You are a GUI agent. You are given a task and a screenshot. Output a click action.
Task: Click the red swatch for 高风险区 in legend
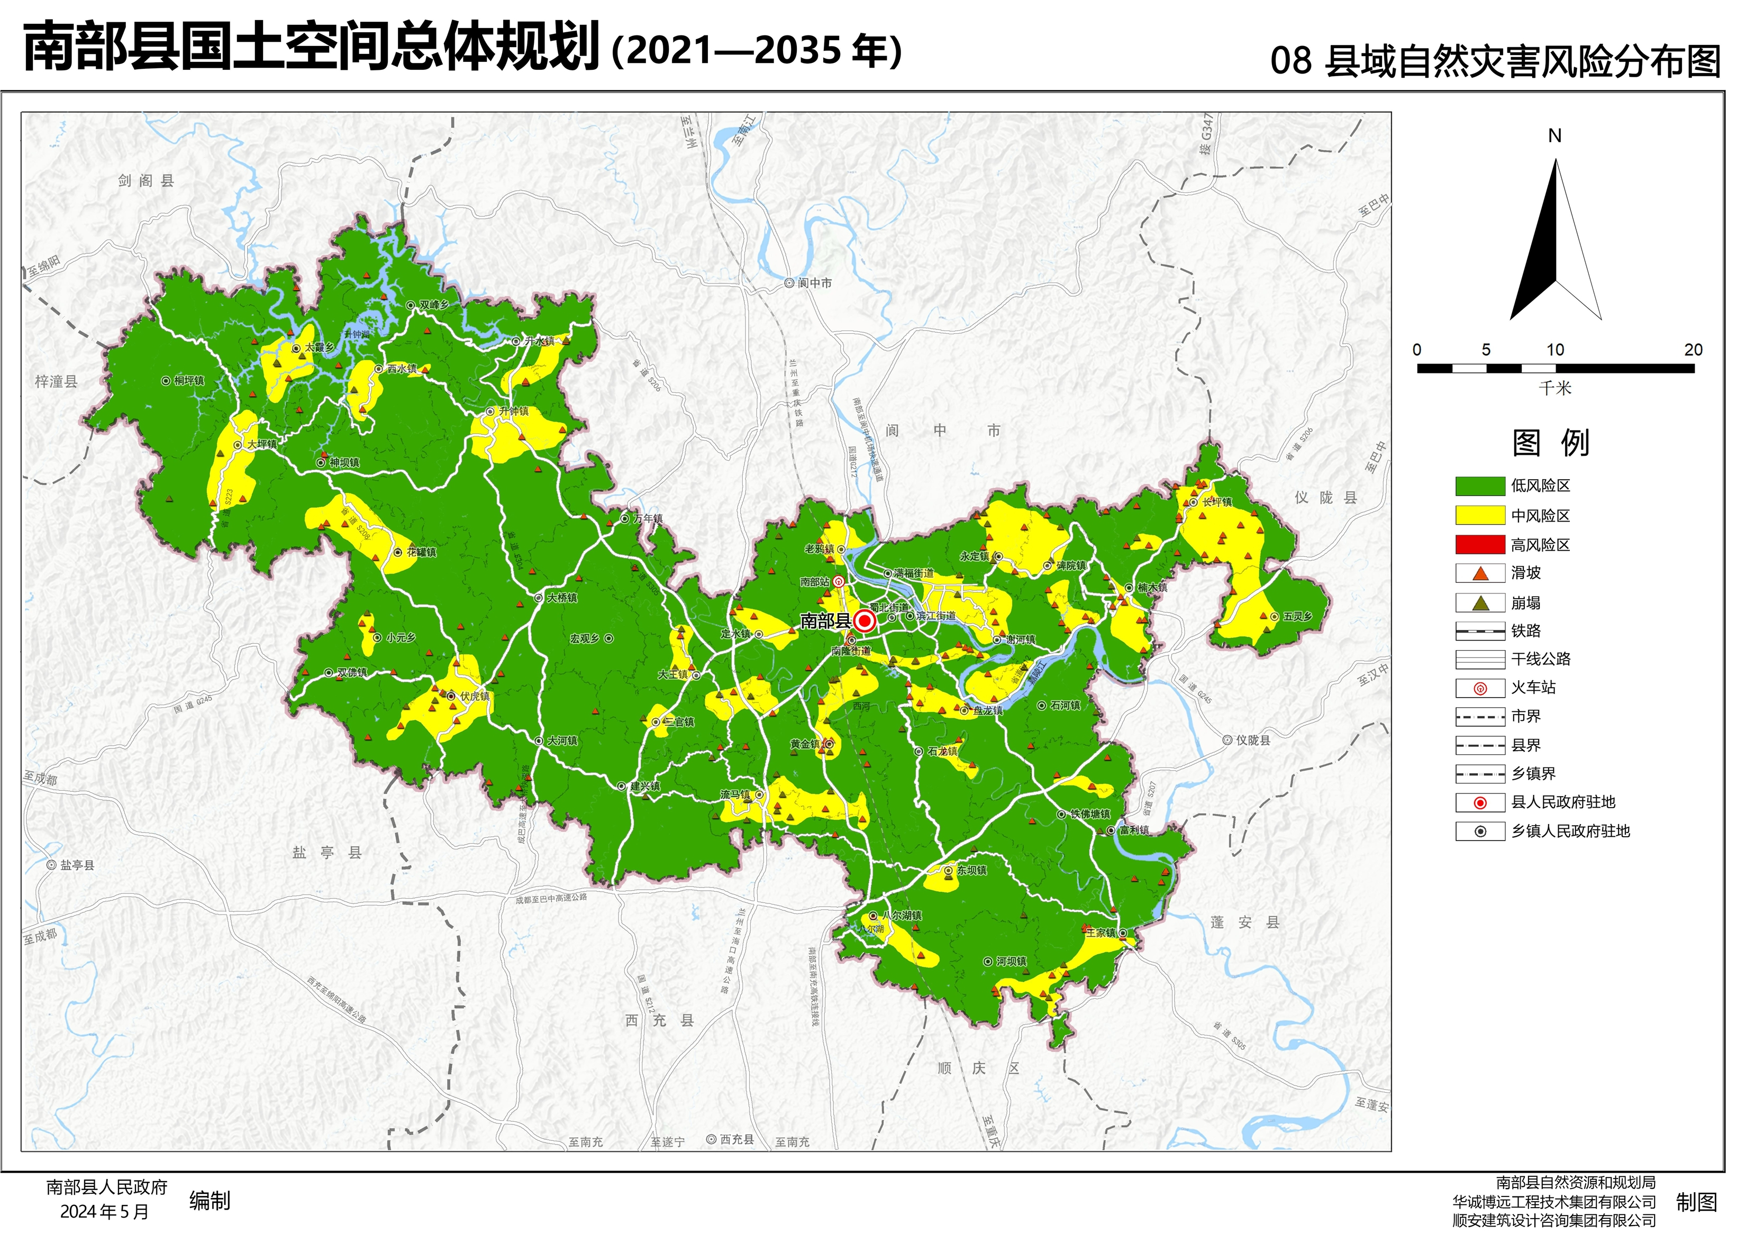point(1479,544)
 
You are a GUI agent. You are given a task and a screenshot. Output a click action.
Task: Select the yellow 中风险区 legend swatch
point(1479,516)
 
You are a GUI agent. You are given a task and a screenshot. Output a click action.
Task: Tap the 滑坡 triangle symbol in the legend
point(1479,573)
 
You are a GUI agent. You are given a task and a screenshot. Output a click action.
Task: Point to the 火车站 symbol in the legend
point(1479,689)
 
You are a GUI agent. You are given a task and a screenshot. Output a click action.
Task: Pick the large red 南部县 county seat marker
point(864,621)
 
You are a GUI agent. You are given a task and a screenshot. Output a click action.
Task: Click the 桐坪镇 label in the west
point(188,381)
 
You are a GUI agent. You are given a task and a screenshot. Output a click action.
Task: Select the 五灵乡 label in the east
point(1297,617)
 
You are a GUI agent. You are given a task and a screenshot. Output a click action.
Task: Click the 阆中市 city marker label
point(814,283)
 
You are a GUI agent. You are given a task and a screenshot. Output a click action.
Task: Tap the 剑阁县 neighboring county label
point(146,180)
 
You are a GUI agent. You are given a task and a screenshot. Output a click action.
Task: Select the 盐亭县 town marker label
point(77,865)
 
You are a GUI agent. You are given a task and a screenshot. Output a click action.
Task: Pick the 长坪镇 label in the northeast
point(1217,502)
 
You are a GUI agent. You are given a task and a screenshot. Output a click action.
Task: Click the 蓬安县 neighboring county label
point(1245,922)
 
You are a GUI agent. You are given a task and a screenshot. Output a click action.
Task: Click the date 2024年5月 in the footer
point(104,1212)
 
